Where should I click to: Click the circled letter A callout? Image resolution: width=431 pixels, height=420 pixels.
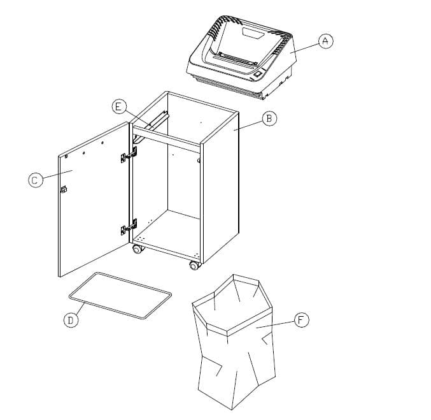click(326, 40)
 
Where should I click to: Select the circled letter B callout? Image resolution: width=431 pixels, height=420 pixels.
click(269, 118)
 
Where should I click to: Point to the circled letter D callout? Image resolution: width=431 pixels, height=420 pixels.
click(71, 321)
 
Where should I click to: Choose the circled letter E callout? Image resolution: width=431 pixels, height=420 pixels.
click(118, 106)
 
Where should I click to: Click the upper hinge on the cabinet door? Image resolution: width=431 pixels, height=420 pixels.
click(129, 154)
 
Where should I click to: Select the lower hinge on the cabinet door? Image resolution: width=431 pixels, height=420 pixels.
click(129, 228)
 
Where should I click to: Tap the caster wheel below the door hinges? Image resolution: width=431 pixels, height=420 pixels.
click(137, 249)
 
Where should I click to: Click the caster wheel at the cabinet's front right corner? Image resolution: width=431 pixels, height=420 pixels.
click(194, 265)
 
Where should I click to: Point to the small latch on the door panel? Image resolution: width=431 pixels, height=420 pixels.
click(64, 189)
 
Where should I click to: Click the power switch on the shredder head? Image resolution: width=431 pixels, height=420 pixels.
click(257, 75)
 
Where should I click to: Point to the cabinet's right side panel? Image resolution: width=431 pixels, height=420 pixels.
click(220, 191)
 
